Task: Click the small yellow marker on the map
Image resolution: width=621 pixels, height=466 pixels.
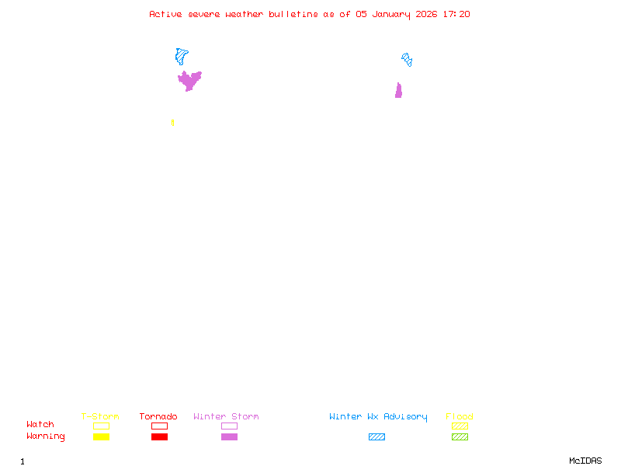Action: click(x=172, y=123)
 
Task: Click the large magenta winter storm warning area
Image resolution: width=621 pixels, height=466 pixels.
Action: click(x=189, y=81)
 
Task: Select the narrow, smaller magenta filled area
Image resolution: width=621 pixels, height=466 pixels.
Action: click(x=398, y=91)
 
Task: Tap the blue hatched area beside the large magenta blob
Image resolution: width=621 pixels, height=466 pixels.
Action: click(x=181, y=56)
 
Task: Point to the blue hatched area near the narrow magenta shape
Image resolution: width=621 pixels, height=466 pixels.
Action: click(x=407, y=60)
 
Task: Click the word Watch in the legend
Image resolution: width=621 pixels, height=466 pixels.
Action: click(x=40, y=424)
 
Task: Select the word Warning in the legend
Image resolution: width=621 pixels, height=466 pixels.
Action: click(x=46, y=436)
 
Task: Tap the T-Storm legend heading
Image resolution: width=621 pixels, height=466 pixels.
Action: click(x=100, y=416)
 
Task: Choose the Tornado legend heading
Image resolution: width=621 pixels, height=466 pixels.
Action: click(x=158, y=416)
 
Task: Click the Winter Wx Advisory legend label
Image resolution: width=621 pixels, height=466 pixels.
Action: click(x=378, y=417)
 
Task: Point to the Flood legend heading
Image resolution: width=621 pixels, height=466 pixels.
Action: click(x=460, y=416)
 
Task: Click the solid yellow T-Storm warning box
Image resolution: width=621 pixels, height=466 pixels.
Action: click(x=102, y=436)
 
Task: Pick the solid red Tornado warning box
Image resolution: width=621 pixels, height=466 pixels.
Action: click(x=160, y=436)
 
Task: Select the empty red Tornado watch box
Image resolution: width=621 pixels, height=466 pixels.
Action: click(x=160, y=426)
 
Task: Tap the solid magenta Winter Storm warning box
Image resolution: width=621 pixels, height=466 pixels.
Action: click(x=229, y=436)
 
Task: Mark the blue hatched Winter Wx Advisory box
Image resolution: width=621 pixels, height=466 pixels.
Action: click(x=376, y=436)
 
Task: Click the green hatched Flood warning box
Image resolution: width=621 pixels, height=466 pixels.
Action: click(x=460, y=436)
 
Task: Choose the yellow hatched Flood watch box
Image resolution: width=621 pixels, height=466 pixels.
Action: click(x=460, y=426)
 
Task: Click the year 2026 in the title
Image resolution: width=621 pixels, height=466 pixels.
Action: click(x=426, y=14)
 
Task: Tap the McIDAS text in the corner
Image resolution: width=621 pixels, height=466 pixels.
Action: click(x=585, y=461)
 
